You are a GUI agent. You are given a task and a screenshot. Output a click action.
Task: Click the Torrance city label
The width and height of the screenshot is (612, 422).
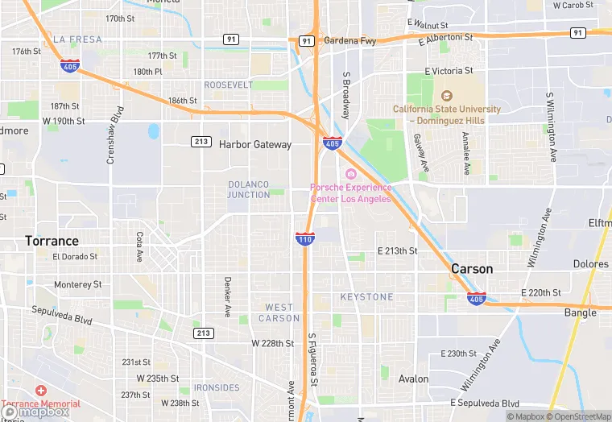(52, 241)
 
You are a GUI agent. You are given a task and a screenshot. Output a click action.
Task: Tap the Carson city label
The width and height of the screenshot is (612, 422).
(472, 268)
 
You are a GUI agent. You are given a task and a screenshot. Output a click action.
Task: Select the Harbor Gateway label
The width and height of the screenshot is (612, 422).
(255, 145)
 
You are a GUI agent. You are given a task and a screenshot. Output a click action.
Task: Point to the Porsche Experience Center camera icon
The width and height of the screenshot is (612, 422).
(351, 175)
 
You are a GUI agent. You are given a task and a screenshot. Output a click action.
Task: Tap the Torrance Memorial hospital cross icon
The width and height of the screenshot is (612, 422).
(40, 391)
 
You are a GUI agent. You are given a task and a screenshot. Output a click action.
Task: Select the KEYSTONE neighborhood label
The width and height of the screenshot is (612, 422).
(366, 297)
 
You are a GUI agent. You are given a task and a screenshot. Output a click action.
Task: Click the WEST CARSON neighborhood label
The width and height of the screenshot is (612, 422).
(279, 312)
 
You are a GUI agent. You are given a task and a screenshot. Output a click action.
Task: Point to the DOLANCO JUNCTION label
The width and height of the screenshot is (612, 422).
(249, 189)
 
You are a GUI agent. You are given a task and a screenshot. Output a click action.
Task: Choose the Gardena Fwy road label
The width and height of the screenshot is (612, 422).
(350, 39)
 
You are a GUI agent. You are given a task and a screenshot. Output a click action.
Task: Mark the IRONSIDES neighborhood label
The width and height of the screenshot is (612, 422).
(217, 387)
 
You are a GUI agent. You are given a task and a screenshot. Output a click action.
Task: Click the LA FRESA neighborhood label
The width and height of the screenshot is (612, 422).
(77, 39)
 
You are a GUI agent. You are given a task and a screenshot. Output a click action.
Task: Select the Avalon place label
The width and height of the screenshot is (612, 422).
(414, 379)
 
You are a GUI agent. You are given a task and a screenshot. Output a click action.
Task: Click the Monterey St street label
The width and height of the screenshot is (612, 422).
(77, 284)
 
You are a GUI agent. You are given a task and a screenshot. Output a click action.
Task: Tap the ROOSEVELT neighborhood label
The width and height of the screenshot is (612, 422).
(228, 85)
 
